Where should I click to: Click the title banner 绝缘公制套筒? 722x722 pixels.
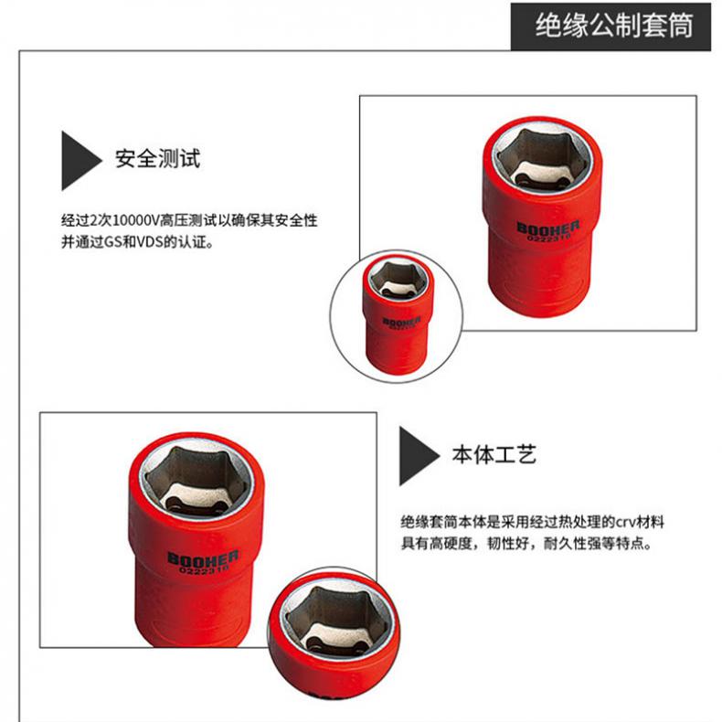(613, 26)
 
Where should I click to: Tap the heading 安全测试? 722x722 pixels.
(157, 158)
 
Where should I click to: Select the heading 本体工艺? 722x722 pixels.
(494, 454)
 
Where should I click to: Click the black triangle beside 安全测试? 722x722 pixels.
(80, 161)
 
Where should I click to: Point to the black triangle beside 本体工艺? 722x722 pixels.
(419, 456)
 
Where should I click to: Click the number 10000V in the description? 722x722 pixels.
(136, 220)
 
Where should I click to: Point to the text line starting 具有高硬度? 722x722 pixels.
(526, 544)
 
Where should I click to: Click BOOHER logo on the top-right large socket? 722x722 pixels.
(547, 228)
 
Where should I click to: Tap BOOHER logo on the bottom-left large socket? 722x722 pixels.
(203, 557)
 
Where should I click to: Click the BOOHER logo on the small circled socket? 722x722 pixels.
(401, 321)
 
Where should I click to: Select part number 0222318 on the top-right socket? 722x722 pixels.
(548, 237)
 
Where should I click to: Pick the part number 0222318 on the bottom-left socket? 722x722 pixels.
(204, 569)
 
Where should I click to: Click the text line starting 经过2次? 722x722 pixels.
(189, 220)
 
